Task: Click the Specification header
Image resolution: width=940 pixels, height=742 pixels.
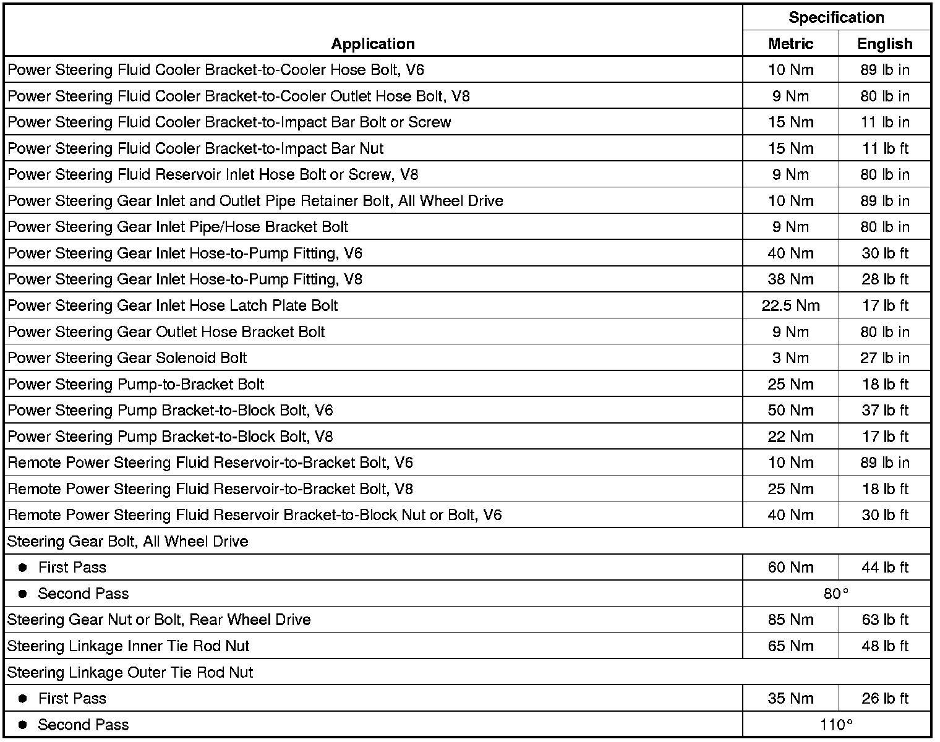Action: [836, 17]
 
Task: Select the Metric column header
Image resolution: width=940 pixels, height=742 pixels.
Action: [790, 44]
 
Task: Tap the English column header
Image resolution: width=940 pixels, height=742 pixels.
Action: [884, 44]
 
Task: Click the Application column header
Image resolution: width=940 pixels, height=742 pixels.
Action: [373, 44]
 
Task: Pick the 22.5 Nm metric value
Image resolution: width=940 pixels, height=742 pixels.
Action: [790, 305]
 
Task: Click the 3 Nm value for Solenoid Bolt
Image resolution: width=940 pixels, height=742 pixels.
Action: [790, 358]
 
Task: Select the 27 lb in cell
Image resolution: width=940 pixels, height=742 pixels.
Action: [884, 358]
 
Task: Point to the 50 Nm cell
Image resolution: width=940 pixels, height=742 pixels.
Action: [790, 411]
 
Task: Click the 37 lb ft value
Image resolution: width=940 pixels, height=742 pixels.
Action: [884, 411]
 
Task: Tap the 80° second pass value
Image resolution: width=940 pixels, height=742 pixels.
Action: [836, 594]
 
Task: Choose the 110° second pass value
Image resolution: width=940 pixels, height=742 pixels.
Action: [836, 725]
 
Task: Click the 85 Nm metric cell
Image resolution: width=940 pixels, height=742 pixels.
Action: [790, 620]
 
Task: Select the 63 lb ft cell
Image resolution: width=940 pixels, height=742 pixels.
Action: [884, 620]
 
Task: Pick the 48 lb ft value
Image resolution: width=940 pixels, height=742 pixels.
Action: [884, 646]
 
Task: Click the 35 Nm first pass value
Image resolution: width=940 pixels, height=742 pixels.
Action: [790, 699]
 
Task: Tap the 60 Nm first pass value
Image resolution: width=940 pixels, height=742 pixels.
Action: [790, 568]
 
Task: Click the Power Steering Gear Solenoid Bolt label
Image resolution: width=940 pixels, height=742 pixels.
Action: [127, 358]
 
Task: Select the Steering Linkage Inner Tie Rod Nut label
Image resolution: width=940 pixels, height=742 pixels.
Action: [128, 646]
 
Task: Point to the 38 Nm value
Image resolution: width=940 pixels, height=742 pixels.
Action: [790, 279]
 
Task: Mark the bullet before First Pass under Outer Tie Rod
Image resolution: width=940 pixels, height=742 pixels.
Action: [23, 699]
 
